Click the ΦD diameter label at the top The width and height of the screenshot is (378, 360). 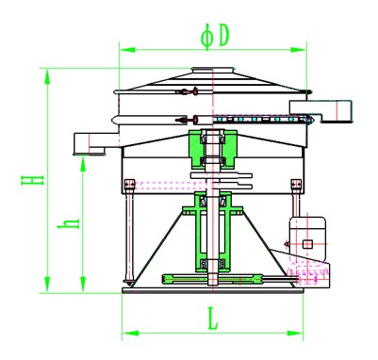(215, 37)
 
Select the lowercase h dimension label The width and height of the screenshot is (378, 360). (69, 223)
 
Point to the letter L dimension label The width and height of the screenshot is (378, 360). (213, 319)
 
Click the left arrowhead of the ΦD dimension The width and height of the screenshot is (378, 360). (127, 50)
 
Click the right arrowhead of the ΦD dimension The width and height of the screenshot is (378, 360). (298, 50)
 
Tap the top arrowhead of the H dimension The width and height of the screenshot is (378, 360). (47, 76)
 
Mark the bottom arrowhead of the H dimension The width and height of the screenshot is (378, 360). (47, 285)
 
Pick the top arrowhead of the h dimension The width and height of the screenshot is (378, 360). (83, 164)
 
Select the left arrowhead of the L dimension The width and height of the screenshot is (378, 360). (130, 333)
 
